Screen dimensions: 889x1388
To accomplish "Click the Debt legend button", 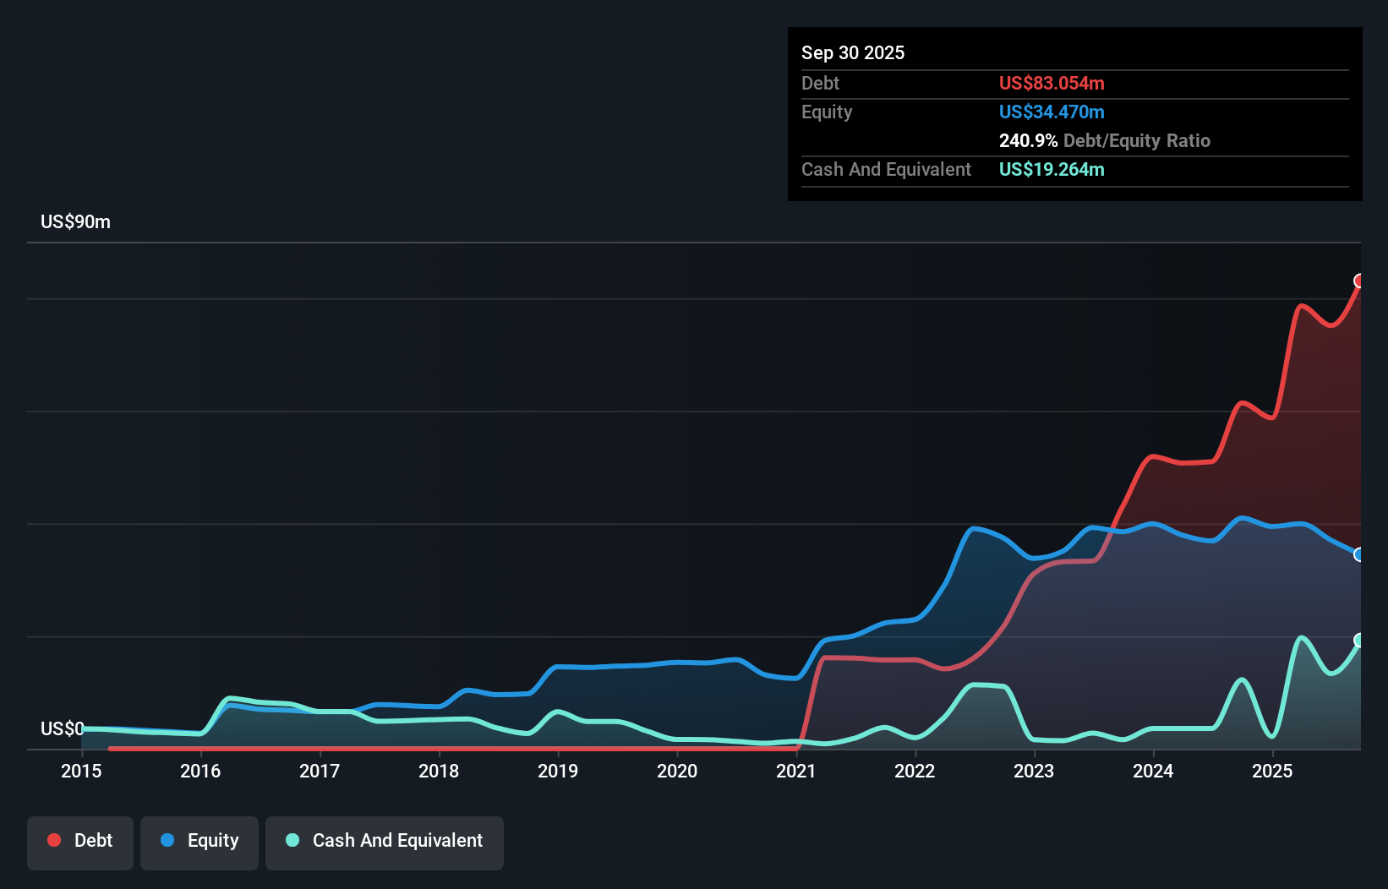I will coord(80,842).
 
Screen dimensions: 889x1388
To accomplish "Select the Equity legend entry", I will coord(199,842).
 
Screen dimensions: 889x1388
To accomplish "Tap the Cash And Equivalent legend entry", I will coord(385,842).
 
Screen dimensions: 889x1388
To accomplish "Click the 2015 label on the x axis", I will coord(81,772).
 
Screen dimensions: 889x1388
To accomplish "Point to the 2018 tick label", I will coord(439,772).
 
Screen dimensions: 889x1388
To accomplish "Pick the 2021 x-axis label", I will coord(796,772).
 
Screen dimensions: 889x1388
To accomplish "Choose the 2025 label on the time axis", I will coord(1272,772).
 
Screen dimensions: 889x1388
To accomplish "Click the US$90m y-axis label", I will coord(75,222).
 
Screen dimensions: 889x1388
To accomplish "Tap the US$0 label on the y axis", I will coord(62,728).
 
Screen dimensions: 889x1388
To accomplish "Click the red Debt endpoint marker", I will coord(1359,281).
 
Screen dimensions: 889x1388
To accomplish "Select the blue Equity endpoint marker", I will coord(1359,554).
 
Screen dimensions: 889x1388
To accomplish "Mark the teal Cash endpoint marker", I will coord(1359,640).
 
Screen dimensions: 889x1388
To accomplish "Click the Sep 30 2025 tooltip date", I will coord(852,53).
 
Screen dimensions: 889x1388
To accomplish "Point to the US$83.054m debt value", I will coord(1051,84).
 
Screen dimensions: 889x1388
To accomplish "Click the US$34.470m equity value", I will coord(1051,112).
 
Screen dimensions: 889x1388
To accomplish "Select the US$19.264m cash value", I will coord(1051,170).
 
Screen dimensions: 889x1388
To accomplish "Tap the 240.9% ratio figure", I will coord(1028,141).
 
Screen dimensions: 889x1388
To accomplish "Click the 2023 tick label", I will coord(1034,772).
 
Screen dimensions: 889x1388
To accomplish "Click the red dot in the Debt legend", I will coord(54,840).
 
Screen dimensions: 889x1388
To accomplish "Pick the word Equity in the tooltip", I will coord(826,112).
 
